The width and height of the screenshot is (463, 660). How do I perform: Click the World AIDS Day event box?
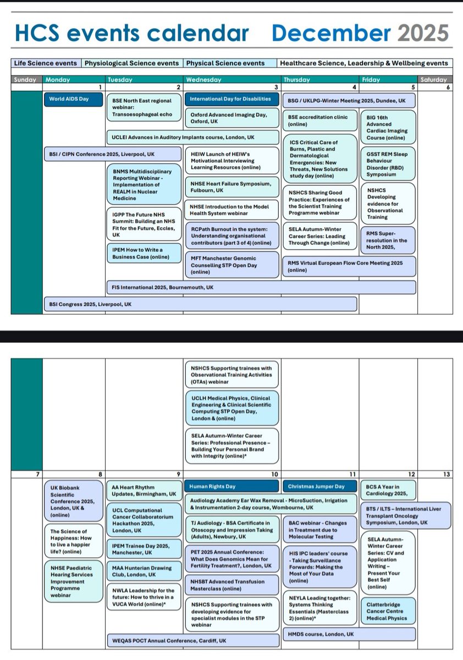coord(74,100)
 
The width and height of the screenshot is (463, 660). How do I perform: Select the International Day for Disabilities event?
coord(232,100)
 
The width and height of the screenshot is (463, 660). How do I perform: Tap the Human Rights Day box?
coord(232,487)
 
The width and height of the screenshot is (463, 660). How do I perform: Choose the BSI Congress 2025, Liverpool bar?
coord(200,304)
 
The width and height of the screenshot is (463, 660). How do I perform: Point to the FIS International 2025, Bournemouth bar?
coord(261,287)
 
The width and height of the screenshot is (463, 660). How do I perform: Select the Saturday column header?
coord(434,80)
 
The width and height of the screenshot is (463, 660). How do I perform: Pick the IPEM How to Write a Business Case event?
coord(144,253)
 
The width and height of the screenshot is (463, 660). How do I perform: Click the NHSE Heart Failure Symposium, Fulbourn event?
coord(232,186)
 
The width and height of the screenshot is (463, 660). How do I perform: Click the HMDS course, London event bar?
coord(349,634)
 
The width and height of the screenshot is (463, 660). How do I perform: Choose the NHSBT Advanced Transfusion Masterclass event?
coord(232,585)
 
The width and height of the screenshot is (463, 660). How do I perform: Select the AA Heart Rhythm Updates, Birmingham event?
coord(144,491)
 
